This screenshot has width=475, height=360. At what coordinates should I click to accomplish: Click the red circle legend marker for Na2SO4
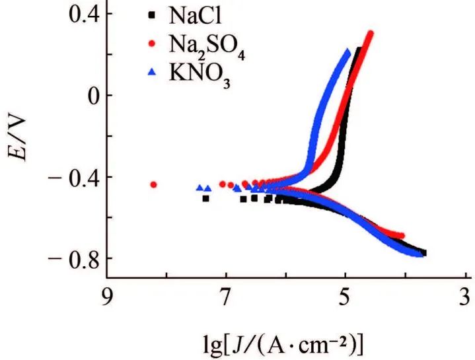click(154, 44)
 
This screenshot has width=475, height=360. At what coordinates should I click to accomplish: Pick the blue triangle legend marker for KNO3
click(154, 73)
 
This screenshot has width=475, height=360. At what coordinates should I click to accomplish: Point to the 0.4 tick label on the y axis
click(68, 14)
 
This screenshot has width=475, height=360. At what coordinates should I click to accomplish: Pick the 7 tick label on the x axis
click(225, 294)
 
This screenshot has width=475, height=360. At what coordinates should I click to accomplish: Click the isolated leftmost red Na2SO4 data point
click(154, 185)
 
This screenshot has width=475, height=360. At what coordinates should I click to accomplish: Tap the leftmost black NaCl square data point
click(205, 198)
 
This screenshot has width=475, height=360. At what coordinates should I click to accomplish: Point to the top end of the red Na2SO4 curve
click(370, 34)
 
